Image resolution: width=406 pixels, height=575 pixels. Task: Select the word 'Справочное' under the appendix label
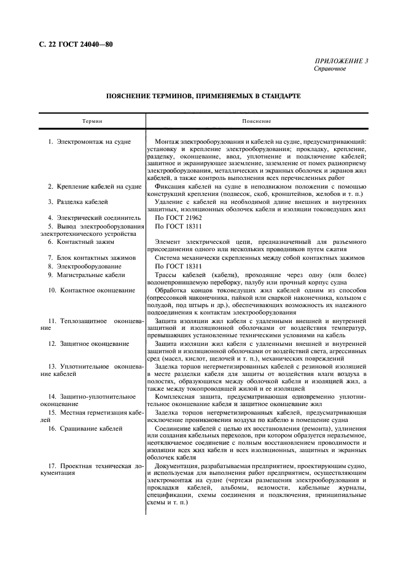point(330,69)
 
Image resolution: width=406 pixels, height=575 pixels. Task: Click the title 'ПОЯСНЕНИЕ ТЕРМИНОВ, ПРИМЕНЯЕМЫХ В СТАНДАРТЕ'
point(203,96)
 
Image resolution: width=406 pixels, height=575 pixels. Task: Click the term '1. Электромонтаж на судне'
point(89,142)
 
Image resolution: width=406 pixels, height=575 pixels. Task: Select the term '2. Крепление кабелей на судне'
point(95,186)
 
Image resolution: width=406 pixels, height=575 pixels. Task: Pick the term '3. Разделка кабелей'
point(79,201)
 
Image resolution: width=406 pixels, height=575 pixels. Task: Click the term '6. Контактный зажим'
point(79,241)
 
